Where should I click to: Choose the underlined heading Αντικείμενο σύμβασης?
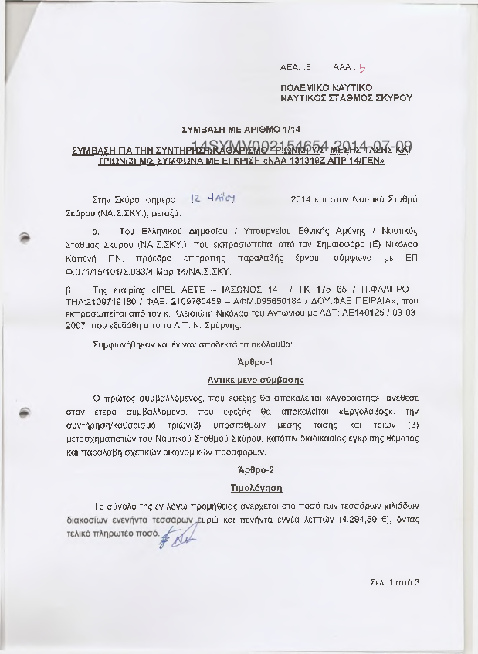(255, 380)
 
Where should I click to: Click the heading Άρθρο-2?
(255, 469)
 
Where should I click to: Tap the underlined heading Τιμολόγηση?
(255, 488)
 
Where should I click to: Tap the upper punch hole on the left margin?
(24, 238)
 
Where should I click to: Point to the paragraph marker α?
(94, 231)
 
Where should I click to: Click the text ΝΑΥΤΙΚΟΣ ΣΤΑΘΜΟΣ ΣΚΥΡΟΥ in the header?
(346, 99)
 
